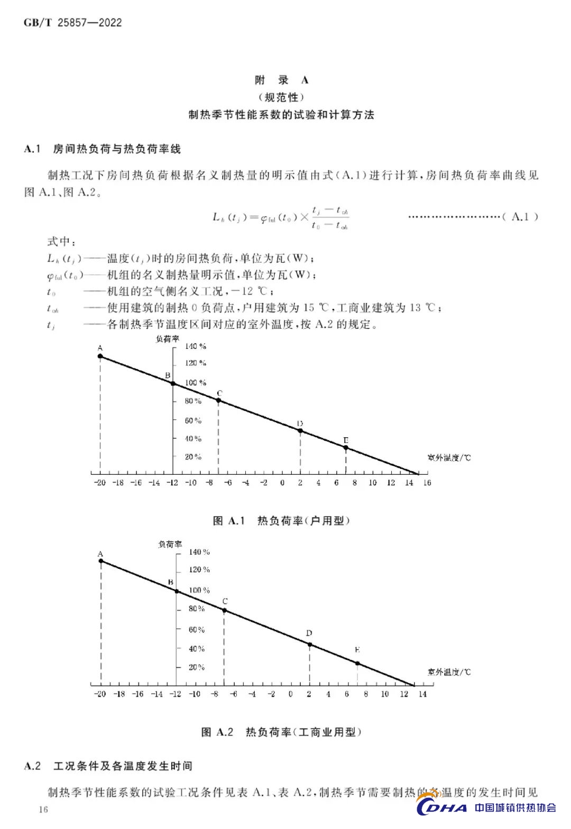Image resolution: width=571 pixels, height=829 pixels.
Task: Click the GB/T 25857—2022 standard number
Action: pyautogui.click(x=72, y=23)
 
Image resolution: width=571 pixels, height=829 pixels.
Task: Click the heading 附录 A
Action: pyautogui.click(x=281, y=80)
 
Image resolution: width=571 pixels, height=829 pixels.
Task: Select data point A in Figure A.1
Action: pyautogui.click(x=100, y=356)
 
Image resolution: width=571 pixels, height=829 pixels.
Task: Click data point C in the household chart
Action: pyautogui.click(x=218, y=400)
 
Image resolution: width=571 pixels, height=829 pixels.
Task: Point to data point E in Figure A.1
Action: pyautogui.click(x=346, y=447)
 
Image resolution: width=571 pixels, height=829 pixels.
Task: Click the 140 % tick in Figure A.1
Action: pyautogui.click(x=195, y=346)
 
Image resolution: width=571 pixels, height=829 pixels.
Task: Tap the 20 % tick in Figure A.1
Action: pyautogui.click(x=193, y=457)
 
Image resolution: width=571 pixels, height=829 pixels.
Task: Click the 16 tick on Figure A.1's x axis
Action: pyautogui.click(x=427, y=482)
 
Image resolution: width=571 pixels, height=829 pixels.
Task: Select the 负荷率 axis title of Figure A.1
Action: pyautogui.click(x=167, y=339)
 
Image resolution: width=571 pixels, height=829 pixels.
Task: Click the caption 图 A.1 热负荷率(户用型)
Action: pyautogui.click(x=281, y=521)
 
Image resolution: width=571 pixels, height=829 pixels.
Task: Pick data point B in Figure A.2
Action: pyautogui.click(x=177, y=591)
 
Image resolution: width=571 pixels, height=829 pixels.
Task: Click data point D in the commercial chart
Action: pyautogui.click(x=310, y=644)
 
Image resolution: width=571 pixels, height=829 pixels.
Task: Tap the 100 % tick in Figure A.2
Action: pyautogui.click(x=199, y=590)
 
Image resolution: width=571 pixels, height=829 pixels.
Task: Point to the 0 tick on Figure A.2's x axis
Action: pyautogui.click(x=290, y=694)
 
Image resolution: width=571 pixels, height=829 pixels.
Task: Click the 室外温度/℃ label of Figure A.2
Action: pyautogui.click(x=449, y=672)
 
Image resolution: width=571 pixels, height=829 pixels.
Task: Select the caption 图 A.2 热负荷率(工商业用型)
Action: pyautogui.click(x=281, y=732)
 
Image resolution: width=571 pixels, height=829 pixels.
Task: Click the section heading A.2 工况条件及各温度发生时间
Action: pyautogui.click(x=109, y=766)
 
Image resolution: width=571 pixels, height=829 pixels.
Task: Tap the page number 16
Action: pyautogui.click(x=43, y=809)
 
